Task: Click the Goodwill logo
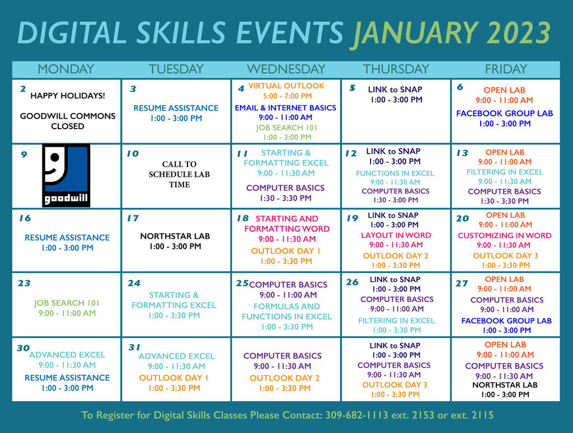click(66, 176)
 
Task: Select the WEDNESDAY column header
click(286, 69)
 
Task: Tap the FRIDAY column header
click(506, 69)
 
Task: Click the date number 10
click(133, 153)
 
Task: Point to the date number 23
click(24, 283)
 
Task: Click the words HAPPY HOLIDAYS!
click(68, 96)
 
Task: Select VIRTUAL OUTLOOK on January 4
click(286, 86)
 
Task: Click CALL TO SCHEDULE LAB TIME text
click(179, 175)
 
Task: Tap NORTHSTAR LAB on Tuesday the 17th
click(175, 237)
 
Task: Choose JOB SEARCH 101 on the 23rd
click(67, 303)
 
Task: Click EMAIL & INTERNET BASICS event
click(285, 108)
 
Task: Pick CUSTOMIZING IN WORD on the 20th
click(505, 236)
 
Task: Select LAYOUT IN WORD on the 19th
click(396, 236)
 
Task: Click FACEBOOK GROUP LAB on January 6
click(504, 114)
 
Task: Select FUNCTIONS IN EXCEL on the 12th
click(395, 173)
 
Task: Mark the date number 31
click(134, 347)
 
